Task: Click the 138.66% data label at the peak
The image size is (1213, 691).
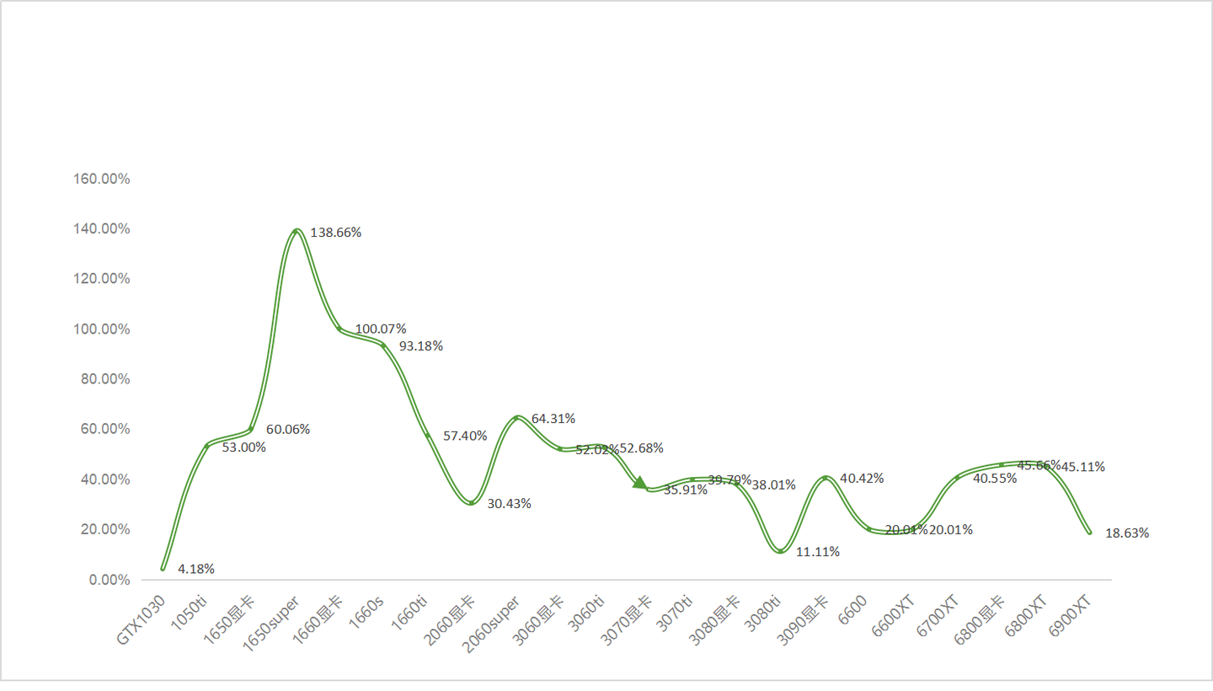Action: click(x=336, y=233)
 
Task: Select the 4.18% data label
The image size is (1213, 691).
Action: click(x=196, y=569)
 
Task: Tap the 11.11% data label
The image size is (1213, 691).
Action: click(x=818, y=552)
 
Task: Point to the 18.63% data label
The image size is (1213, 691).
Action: click(x=1127, y=533)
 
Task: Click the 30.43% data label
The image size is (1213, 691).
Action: click(x=509, y=504)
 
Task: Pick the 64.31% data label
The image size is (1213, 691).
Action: click(x=553, y=418)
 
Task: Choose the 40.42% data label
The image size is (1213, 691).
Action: click(x=862, y=479)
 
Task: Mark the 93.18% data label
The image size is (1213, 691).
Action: click(x=420, y=345)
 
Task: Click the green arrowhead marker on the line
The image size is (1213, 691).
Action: click(x=640, y=483)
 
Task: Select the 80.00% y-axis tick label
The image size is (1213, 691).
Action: click(x=108, y=379)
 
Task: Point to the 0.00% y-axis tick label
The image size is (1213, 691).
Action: click(x=110, y=580)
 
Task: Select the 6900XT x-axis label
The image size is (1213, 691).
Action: click(x=1071, y=617)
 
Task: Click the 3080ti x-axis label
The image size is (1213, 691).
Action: click(x=762, y=615)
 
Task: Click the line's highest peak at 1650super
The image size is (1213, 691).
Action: click(x=296, y=230)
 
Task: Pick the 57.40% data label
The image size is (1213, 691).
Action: click(x=465, y=436)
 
